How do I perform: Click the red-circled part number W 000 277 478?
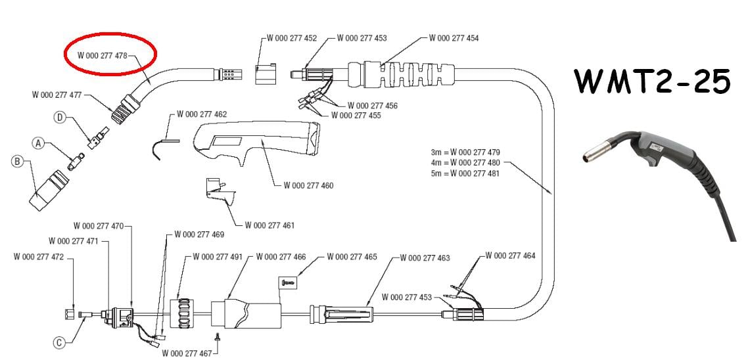(102, 56)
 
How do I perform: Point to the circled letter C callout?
(58, 342)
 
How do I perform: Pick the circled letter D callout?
(59, 118)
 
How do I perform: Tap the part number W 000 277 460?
(308, 186)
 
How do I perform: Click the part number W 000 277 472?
(38, 257)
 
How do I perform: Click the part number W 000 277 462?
(202, 114)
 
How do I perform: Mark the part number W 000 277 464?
(510, 255)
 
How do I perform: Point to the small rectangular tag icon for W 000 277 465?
(289, 282)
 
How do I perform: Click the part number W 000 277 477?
(57, 95)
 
